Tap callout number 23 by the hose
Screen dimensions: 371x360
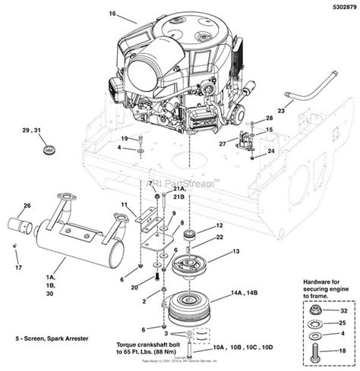(280, 111)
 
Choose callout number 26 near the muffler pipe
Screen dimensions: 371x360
(27, 206)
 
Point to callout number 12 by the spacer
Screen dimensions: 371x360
(219, 225)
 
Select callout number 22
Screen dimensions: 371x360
(219, 237)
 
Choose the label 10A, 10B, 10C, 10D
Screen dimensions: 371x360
(242, 347)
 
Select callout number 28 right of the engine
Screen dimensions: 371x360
(268, 120)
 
